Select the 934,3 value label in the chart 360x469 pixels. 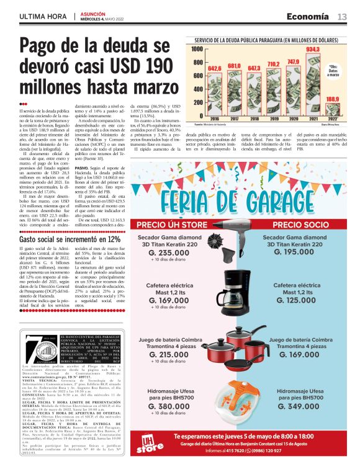[313, 49]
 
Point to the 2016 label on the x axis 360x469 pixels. [215, 118]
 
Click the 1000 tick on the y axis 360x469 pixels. [198, 48]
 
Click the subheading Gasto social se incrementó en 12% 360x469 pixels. [70, 239]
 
